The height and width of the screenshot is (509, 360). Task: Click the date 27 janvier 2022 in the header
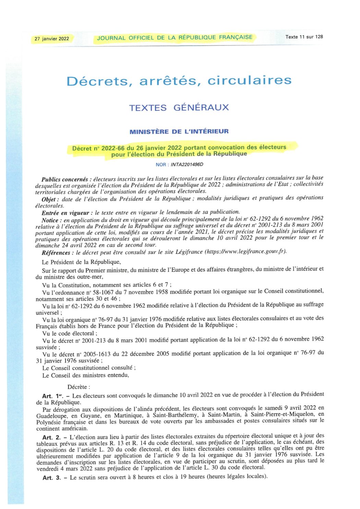pyautogui.click(x=52, y=39)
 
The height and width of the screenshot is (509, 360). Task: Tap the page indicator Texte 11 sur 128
pyautogui.click(x=304, y=37)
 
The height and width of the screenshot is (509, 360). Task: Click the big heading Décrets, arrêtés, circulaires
pyautogui.click(x=179, y=81)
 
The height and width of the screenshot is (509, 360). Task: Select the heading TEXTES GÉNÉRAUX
pyautogui.click(x=179, y=108)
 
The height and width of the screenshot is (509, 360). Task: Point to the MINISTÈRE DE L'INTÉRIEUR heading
pyautogui.click(x=179, y=131)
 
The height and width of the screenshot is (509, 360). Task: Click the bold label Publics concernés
pyautogui.click(x=64, y=179)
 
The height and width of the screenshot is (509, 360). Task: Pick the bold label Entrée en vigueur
pyautogui.click(x=65, y=213)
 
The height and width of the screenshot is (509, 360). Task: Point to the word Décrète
pyautogui.click(x=79, y=387)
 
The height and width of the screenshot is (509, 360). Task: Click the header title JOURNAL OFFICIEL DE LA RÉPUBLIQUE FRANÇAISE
pyautogui.click(x=175, y=38)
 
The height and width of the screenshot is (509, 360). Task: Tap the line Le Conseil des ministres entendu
pyautogui.click(x=86, y=375)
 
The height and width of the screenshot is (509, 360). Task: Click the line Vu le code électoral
pyautogui.click(x=70, y=333)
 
